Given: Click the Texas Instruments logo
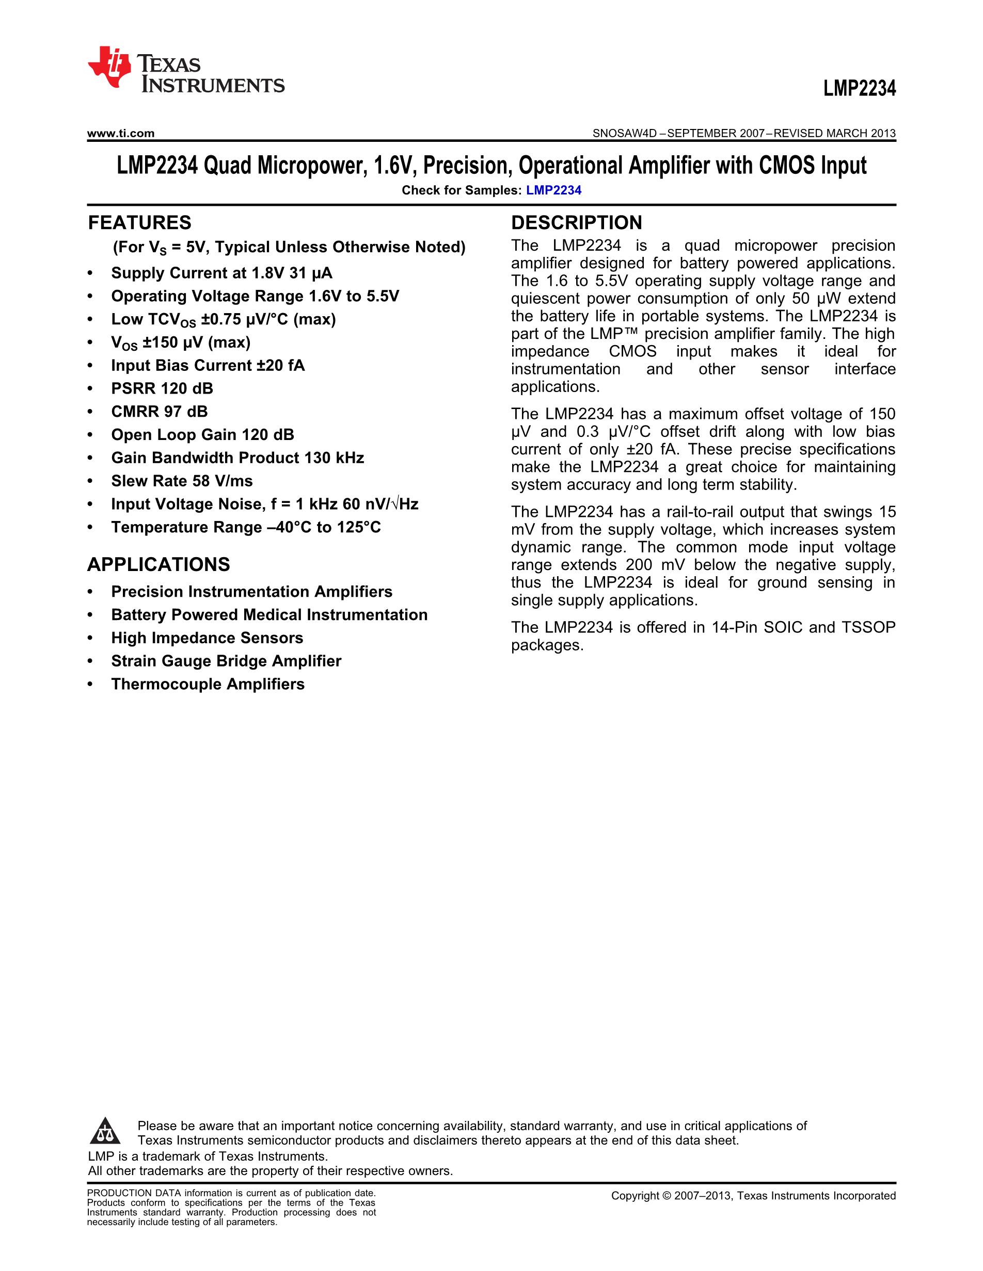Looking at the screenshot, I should point(185,69).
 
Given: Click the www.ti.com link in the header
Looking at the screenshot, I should point(120,133).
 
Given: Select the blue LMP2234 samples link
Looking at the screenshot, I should point(553,190).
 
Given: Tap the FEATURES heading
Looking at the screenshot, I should point(139,223).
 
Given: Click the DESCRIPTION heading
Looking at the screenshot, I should point(576,223).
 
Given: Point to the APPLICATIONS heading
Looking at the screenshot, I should point(158,564).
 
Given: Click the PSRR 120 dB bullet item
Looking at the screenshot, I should point(162,388).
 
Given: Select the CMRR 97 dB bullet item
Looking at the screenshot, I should point(159,412).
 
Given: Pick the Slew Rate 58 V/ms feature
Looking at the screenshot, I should point(182,481).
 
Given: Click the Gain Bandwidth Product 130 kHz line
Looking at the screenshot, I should point(237,458).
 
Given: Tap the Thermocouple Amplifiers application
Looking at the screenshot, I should point(208,684).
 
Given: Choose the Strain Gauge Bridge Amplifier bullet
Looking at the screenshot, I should point(226,661).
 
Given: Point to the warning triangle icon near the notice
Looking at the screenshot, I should point(105,1132).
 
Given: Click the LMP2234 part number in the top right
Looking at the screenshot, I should point(859,89).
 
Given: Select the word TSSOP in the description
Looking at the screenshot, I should point(868,627).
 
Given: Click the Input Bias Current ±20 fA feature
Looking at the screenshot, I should point(208,366).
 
